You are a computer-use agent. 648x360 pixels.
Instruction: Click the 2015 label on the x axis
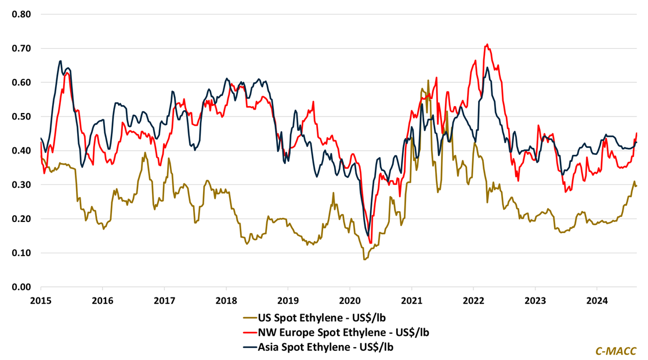click(41, 301)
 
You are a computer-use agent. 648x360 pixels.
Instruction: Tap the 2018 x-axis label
click(226, 301)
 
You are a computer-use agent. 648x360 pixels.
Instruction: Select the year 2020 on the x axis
click(349, 301)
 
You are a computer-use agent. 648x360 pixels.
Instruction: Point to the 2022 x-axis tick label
click(473, 301)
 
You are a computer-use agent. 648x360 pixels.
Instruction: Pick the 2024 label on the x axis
click(597, 301)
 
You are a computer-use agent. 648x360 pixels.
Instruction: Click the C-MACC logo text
click(616, 351)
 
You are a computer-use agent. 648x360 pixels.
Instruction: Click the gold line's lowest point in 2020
click(364, 259)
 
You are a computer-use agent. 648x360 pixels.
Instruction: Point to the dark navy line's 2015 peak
click(60, 61)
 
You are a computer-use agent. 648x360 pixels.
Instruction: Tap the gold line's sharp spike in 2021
click(428, 81)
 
